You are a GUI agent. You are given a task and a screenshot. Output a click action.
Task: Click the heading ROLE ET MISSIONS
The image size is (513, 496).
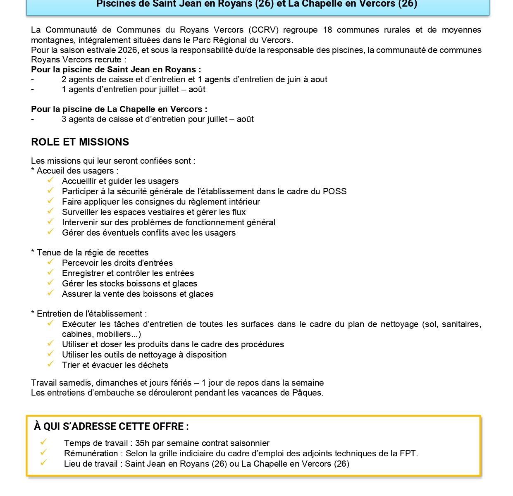tap(80, 142)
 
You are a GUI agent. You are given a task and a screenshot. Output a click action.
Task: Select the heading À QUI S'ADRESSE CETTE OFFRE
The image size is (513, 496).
tap(111, 427)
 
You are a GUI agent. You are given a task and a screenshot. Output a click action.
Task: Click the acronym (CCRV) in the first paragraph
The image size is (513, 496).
tap(264, 30)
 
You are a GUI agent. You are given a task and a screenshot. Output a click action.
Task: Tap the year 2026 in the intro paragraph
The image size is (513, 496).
tap(128, 50)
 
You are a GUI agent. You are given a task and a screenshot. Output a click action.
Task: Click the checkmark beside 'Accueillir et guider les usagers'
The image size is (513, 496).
tap(50, 180)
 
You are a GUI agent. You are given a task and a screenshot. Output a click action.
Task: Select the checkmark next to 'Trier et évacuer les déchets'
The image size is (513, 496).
tap(50, 364)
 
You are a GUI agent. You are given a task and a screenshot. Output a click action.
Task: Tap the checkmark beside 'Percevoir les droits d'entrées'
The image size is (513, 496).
tap(50, 262)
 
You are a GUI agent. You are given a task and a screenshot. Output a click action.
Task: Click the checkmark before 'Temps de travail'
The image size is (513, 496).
tap(43, 442)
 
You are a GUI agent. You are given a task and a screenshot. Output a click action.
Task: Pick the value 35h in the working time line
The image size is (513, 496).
tap(142, 443)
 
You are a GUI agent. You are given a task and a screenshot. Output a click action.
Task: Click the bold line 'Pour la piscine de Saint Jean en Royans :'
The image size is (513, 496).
tap(116, 69)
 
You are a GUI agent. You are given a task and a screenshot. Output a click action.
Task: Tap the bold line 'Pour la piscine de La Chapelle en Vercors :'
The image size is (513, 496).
tap(119, 109)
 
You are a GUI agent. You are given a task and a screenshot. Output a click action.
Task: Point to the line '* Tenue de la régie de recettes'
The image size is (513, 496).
tap(90, 253)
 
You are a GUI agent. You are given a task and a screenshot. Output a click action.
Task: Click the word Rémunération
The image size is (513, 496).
tap(91, 453)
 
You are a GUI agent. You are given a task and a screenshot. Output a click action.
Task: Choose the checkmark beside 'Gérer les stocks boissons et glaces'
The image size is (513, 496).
tap(50, 283)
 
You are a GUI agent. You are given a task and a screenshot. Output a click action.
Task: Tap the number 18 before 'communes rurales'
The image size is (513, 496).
tap(327, 30)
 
